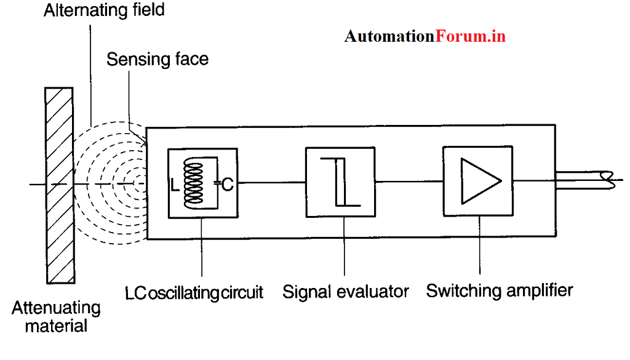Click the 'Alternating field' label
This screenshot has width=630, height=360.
[103, 10]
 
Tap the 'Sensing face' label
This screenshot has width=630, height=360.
[157, 59]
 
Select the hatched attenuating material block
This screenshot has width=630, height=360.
[60, 184]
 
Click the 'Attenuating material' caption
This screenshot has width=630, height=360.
[56, 316]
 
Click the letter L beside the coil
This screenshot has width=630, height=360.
[175, 183]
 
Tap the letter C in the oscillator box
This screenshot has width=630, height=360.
[227, 183]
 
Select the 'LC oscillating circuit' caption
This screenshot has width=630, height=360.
[194, 292]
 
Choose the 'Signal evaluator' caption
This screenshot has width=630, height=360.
[346, 290]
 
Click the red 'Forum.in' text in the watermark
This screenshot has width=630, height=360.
[471, 36]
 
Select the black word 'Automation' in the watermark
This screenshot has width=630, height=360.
[389, 36]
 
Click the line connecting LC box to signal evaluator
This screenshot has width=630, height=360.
[271, 182]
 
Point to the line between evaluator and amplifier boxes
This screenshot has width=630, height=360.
[410, 181]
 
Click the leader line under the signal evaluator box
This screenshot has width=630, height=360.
[345, 246]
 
